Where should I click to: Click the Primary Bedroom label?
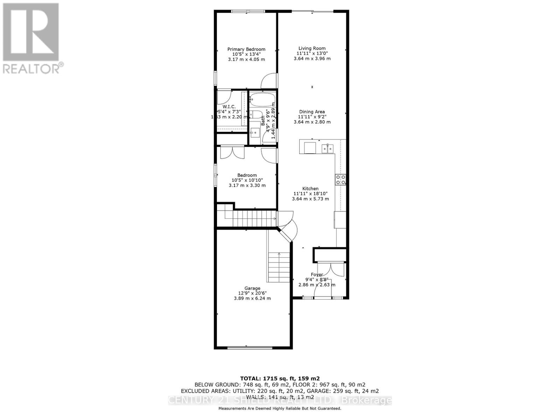[x=246, y=49]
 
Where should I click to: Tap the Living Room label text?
[x=312, y=48]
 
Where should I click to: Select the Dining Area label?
[x=312, y=112]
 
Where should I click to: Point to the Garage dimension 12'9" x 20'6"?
[x=252, y=293]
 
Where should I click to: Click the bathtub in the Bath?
[x=262, y=100]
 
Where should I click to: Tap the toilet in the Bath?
[x=257, y=115]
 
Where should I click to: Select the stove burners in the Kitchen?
[x=341, y=180]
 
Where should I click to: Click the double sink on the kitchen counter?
[x=328, y=148]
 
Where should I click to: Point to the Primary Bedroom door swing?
[x=269, y=81]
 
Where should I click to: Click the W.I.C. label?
[x=229, y=106]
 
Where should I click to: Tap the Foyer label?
[x=317, y=274]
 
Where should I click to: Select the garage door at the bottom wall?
[x=250, y=348]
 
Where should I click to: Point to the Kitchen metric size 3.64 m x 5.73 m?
[x=310, y=199]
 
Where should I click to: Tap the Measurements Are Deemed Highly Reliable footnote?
[x=280, y=408]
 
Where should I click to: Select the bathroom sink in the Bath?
[x=255, y=133]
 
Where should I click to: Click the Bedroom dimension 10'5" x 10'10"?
[x=247, y=180]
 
